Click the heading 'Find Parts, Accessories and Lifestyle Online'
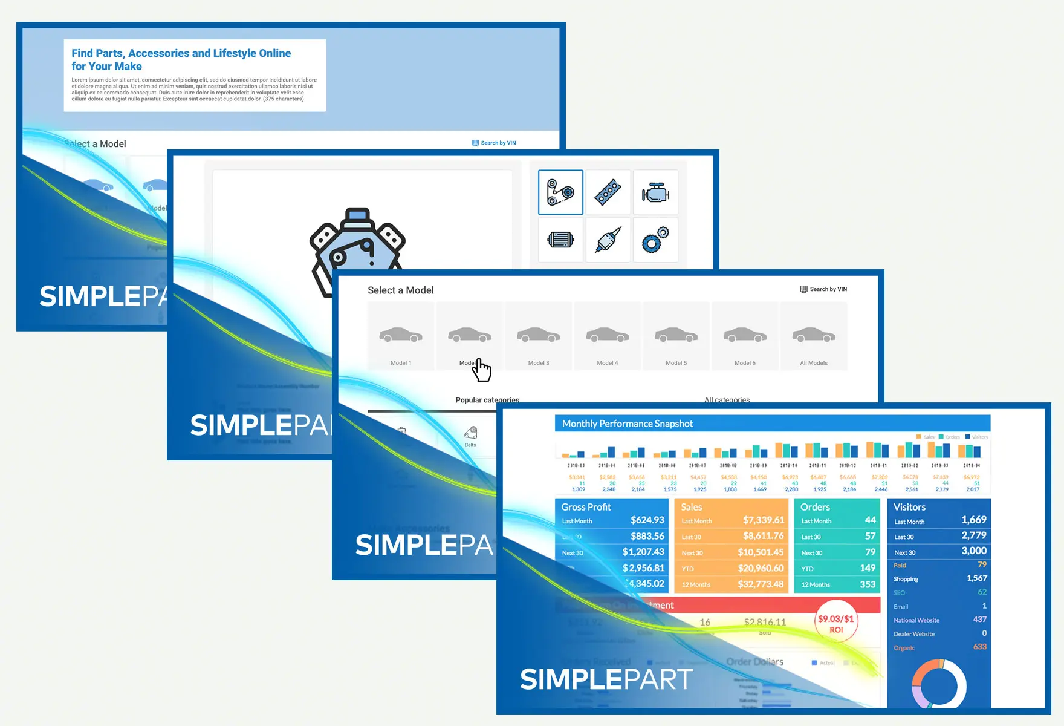pos(181,53)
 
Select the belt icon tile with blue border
pos(560,192)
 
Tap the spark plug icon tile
pos(608,240)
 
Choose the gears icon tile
pos(655,240)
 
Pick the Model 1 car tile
pos(401,336)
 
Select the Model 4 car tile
pos(608,336)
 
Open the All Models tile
pos(814,336)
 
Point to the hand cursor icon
pos(482,370)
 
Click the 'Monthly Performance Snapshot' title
pos(628,423)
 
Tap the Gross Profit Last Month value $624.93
pos(647,520)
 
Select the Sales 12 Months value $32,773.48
pos(761,584)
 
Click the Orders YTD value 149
pos(868,568)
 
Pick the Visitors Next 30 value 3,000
pos(974,551)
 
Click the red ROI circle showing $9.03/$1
pos(836,623)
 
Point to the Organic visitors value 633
pos(980,647)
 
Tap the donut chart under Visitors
pos(939,686)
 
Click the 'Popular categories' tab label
pos(487,400)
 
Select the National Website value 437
pos(979,620)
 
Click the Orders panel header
pos(816,507)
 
